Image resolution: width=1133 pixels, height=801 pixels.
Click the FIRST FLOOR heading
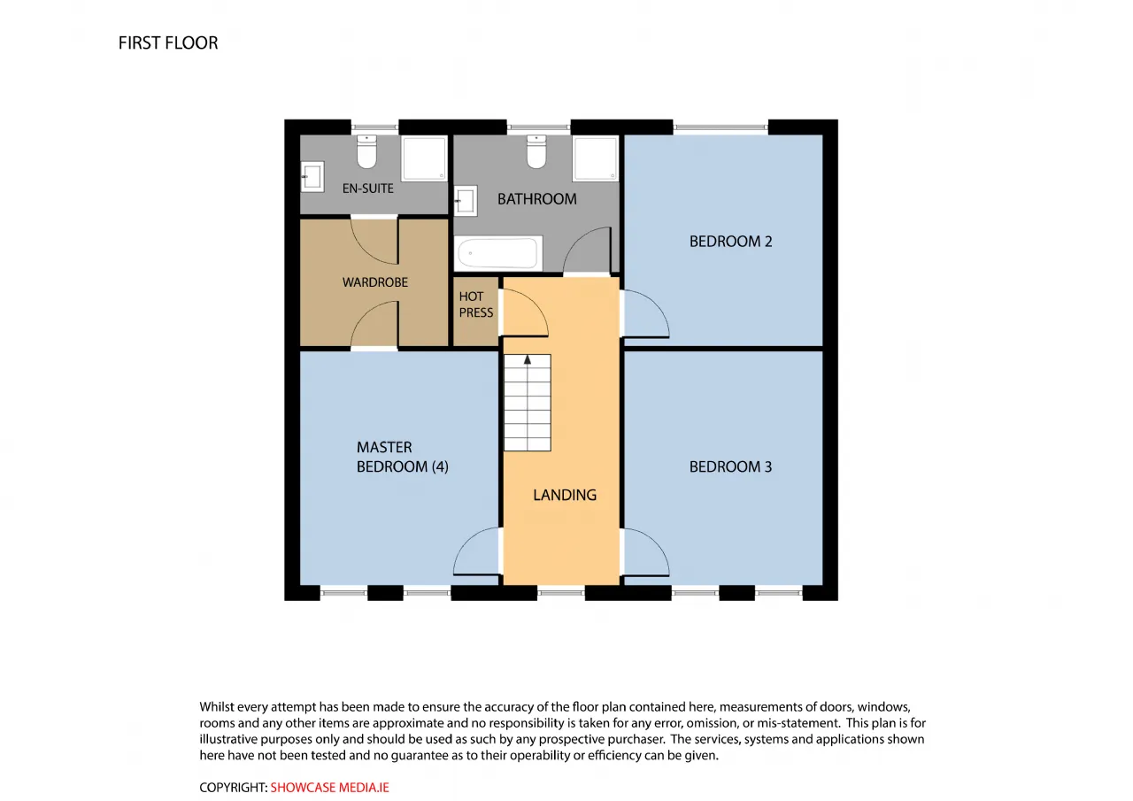168,43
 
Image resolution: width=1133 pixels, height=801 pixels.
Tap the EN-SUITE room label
367,189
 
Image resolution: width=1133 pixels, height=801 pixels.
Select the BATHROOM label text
536,199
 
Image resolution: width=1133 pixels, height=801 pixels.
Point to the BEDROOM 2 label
730,242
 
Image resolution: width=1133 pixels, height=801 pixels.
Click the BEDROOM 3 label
730,466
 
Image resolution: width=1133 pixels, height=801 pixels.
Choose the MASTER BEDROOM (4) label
402,457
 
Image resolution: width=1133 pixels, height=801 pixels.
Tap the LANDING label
565,495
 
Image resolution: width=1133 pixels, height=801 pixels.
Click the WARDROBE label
374,282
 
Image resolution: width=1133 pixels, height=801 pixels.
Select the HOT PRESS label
476,304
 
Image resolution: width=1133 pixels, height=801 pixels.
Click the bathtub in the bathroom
497,253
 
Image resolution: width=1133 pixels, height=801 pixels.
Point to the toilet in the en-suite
366,150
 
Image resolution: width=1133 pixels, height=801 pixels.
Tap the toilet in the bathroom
536,150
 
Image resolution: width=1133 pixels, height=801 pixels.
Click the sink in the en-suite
312,176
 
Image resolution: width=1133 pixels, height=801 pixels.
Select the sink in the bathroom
466,201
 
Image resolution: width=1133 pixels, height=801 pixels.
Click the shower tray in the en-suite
424,158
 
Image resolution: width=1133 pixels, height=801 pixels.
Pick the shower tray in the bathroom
596,158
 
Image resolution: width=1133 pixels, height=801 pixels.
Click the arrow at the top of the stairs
527,359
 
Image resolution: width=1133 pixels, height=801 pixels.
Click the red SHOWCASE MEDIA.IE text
329,788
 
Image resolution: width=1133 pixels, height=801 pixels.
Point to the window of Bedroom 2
721,127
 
